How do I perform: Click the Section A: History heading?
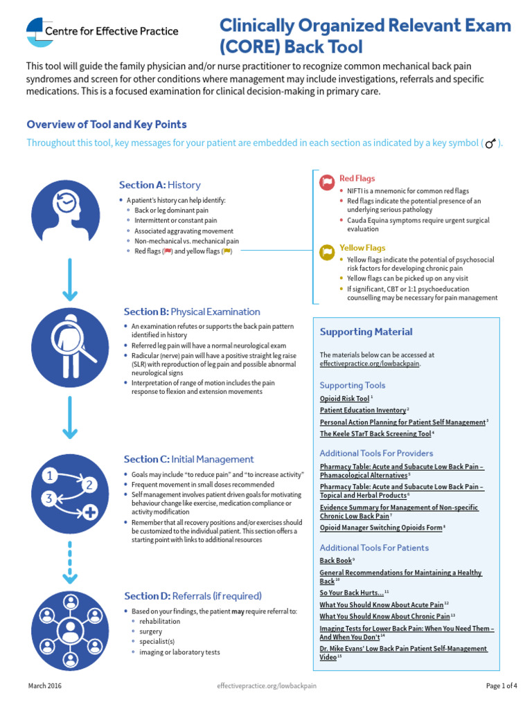tap(159, 185)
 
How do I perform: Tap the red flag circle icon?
tap(326, 182)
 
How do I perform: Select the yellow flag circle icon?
tap(326, 251)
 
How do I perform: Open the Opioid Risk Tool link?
tap(344, 399)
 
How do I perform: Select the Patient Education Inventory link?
tap(362, 410)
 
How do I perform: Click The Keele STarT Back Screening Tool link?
tap(375, 433)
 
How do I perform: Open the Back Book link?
tap(335, 560)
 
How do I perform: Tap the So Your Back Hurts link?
tap(351, 593)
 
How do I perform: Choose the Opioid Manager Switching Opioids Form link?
tap(380, 528)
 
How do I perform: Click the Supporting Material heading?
tap(366, 332)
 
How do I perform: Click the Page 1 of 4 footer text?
tap(502, 686)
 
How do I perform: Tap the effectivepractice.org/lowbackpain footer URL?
tap(267, 686)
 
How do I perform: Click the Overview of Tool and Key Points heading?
tap(106, 125)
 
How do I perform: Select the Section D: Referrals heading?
tap(193, 595)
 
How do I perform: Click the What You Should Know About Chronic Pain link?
tap(384, 616)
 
